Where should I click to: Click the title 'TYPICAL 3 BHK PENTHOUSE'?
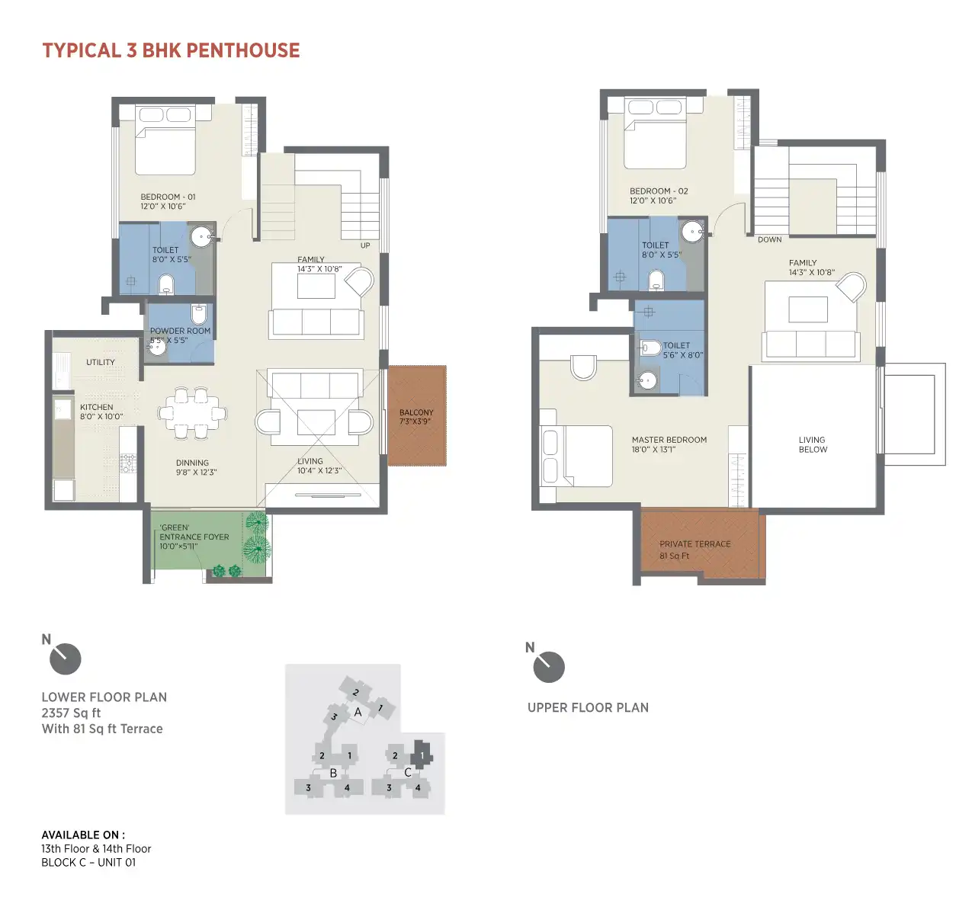click(x=171, y=50)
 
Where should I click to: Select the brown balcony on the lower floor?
click(x=417, y=415)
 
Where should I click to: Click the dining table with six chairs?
click(x=192, y=413)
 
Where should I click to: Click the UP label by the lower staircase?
click(x=365, y=245)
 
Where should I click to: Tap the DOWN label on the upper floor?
click(x=769, y=240)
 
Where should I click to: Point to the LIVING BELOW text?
click(x=813, y=444)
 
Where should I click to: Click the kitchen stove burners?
click(x=128, y=463)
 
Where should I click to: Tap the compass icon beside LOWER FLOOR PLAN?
click(x=65, y=659)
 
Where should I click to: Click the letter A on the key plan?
click(x=358, y=712)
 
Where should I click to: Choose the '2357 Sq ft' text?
click(x=71, y=713)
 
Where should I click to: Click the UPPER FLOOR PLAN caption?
click(x=588, y=707)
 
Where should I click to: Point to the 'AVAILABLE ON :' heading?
click(x=83, y=835)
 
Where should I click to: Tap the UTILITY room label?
click(x=101, y=362)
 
